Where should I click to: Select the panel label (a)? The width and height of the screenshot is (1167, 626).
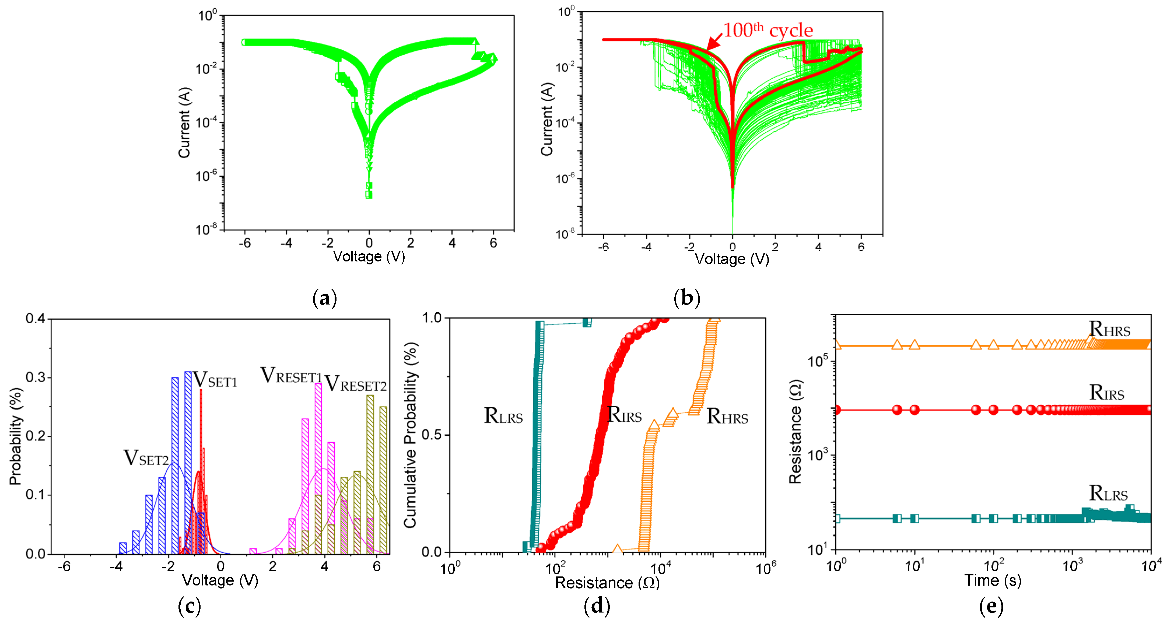pos(325,298)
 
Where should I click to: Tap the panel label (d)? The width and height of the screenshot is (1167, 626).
pos(597,606)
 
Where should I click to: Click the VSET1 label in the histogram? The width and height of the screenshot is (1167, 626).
pos(215,380)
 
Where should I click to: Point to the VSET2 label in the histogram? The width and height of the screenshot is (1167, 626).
pos(146,458)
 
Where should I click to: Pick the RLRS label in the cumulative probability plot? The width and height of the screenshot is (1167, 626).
pos(503,416)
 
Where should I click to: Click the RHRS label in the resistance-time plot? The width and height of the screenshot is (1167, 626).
pos(1109,329)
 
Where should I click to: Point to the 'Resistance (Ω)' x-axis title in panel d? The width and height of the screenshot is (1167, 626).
pos(607,582)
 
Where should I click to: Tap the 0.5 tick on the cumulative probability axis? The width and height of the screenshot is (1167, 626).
pos(432,435)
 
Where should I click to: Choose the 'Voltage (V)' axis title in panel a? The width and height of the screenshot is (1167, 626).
pos(369,257)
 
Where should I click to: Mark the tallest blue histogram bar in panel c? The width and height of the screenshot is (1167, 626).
pos(188,462)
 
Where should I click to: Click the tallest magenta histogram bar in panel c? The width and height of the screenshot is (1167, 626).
pos(318,467)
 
